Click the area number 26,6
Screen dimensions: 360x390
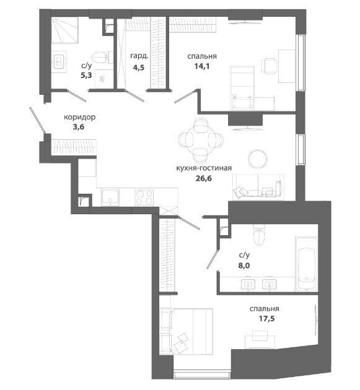[x=204, y=178]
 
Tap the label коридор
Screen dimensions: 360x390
[x=80, y=117]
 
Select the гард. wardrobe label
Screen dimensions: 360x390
[x=139, y=56]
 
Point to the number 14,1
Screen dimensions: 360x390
[x=201, y=66]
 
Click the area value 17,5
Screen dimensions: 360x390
[x=266, y=318]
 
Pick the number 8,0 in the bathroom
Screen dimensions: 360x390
[x=244, y=266]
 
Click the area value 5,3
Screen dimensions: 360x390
[x=86, y=75]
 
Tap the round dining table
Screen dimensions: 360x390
[x=201, y=139]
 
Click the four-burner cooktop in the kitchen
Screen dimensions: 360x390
[x=144, y=197]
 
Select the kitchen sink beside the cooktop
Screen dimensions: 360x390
[x=110, y=197]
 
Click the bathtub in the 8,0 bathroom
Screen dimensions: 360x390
[x=307, y=263]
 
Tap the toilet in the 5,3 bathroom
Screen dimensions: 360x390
[x=102, y=58]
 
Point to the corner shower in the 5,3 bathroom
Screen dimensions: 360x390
[x=65, y=30]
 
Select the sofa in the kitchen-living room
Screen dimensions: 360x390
[x=258, y=187]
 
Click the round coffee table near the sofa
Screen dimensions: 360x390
[x=258, y=159]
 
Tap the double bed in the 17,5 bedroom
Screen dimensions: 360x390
[x=186, y=331]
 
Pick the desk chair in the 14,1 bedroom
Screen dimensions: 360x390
[x=269, y=66]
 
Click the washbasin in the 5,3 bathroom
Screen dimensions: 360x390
[x=59, y=61]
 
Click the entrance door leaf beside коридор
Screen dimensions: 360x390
[x=37, y=119]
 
